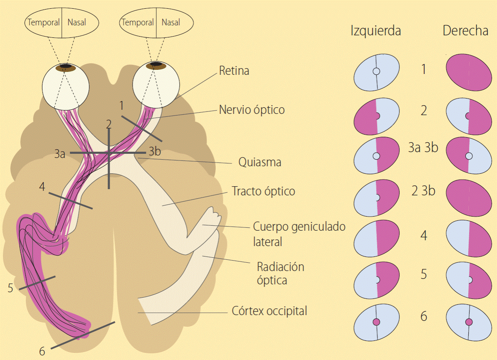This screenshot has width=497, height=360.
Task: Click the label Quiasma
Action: click(x=260, y=162)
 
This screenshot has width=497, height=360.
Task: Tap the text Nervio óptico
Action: click(x=252, y=110)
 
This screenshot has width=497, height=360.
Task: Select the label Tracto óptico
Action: click(x=263, y=191)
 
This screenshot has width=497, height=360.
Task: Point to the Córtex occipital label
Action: click(x=269, y=311)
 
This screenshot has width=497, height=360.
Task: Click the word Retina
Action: click(x=234, y=71)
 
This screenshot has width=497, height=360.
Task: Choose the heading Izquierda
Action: click(x=376, y=31)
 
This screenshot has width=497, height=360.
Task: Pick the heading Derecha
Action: click(x=465, y=31)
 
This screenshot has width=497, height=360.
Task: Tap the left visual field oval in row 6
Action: click(x=376, y=322)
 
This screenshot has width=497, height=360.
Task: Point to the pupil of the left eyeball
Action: click(x=65, y=66)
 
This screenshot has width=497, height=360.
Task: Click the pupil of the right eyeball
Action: click(x=156, y=64)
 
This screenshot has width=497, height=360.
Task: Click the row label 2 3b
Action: click(x=423, y=191)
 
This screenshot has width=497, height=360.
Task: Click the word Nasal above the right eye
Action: click(x=171, y=22)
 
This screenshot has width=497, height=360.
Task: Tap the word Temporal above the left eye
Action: click(x=44, y=22)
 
